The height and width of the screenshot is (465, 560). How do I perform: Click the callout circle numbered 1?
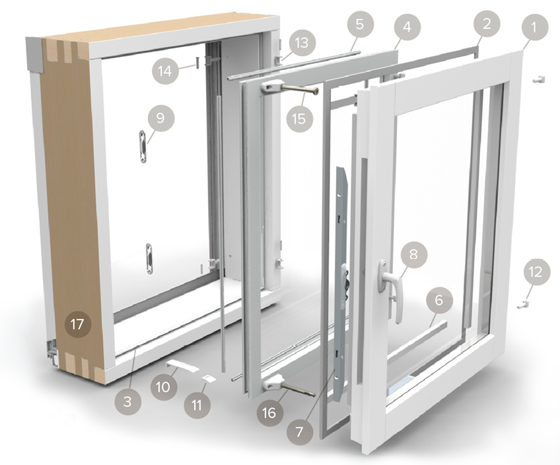pyautogui.click(x=534, y=27)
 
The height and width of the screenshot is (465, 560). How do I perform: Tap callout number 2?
pyautogui.click(x=487, y=24)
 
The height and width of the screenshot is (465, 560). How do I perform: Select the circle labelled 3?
pyautogui.click(x=127, y=402)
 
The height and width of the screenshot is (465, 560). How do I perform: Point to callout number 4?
pyautogui.click(x=407, y=26)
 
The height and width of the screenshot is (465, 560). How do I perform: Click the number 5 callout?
pyautogui.click(x=360, y=24)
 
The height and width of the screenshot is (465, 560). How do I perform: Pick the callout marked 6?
pyautogui.click(x=438, y=300)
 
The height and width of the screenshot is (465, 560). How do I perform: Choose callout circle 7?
pyautogui.click(x=299, y=432)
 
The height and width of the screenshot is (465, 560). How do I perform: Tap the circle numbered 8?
pyautogui.click(x=413, y=254)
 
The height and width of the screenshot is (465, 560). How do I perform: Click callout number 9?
pyautogui.click(x=160, y=118)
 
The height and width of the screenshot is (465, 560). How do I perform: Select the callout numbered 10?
pyautogui.click(x=164, y=387)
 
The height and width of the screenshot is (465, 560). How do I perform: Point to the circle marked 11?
pyautogui.click(x=197, y=406)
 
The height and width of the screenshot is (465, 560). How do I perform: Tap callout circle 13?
pyautogui.click(x=301, y=42)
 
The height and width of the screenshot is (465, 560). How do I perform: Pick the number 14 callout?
pyautogui.click(x=165, y=71)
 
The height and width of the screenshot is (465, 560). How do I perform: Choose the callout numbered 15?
pyautogui.click(x=299, y=118)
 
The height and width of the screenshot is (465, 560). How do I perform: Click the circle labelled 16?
pyautogui.click(x=270, y=413)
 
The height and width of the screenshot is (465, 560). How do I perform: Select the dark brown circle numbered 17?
pyautogui.click(x=77, y=325)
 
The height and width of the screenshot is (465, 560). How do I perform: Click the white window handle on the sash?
pyautogui.click(x=390, y=289)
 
